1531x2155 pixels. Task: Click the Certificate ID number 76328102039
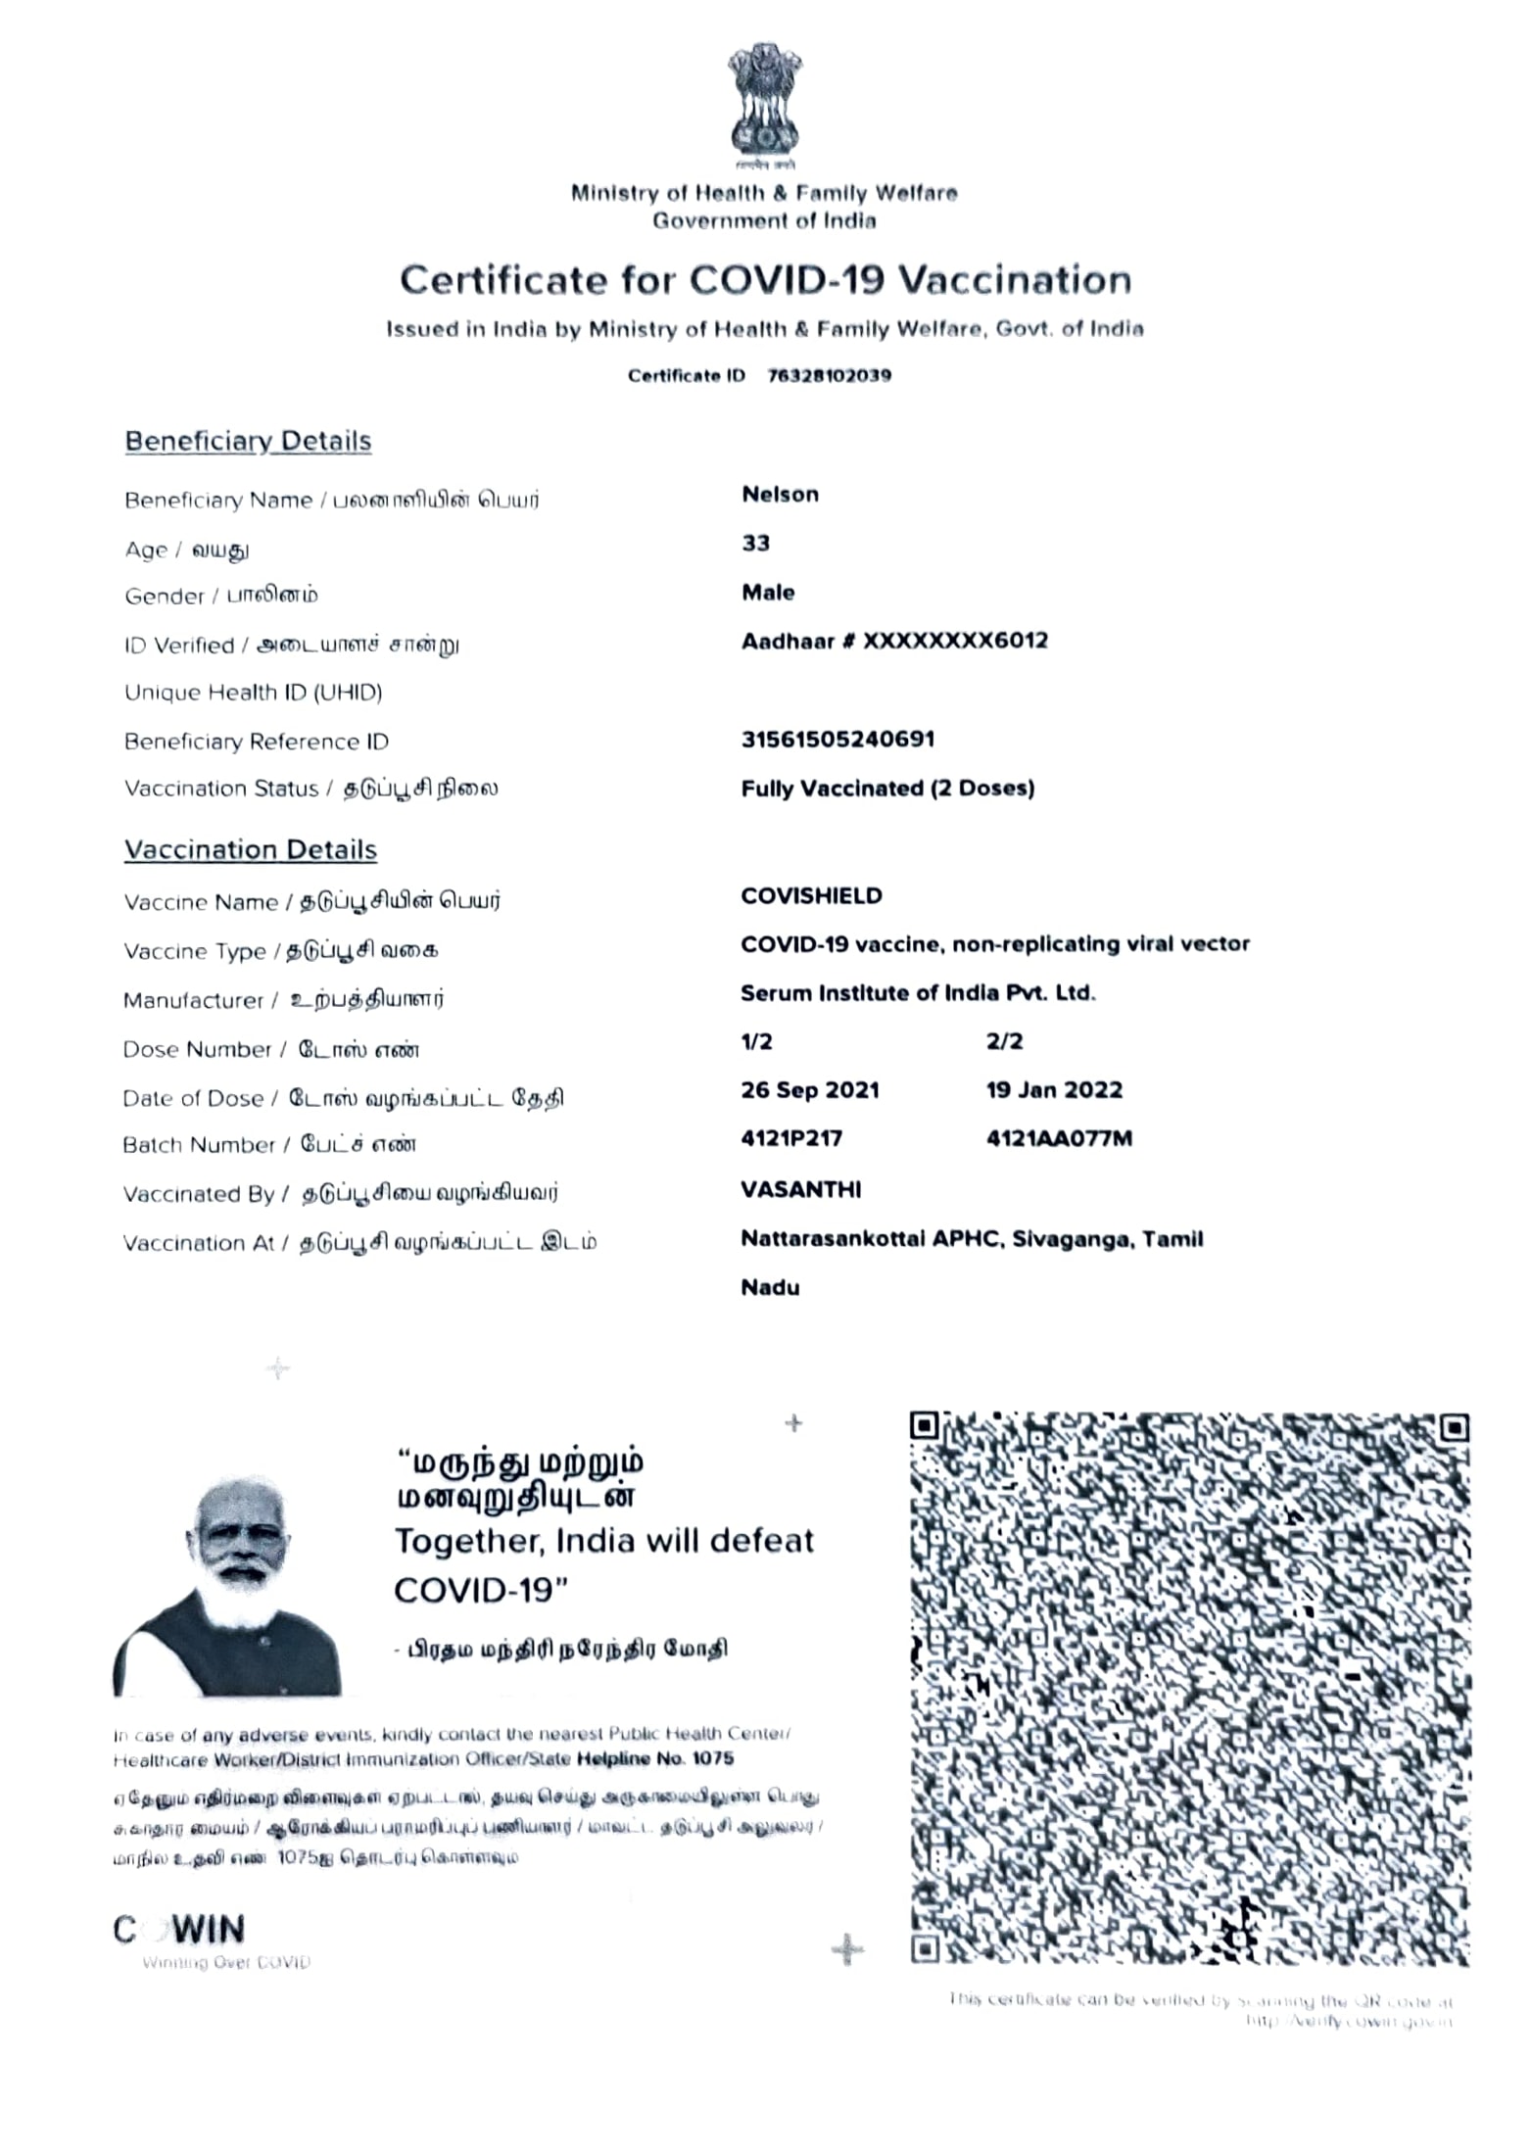click(x=829, y=376)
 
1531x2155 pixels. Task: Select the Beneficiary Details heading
click(x=248, y=441)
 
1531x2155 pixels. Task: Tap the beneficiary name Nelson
click(x=780, y=495)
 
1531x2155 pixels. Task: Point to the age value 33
click(x=755, y=544)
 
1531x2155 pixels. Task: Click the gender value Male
click(x=768, y=593)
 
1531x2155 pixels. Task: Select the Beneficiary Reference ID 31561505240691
click(x=837, y=740)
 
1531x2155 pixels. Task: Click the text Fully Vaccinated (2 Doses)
click(x=887, y=789)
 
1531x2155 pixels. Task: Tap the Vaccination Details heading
click(x=251, y=850)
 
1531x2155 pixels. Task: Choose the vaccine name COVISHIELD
click(x=811, y=896)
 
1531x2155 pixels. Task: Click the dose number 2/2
click(x=1004, y=1042)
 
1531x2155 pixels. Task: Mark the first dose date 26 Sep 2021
click(x=810, y=1090)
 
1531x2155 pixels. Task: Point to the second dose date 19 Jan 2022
click(x=1054, y=1090)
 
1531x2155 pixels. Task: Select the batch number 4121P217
click(x=791, y=1139)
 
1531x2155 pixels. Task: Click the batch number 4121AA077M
click(x=1059, y=1139)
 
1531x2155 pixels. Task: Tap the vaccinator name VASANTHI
click(x=800, y=1190)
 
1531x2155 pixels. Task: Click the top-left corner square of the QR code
click(x=925, y=1426)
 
